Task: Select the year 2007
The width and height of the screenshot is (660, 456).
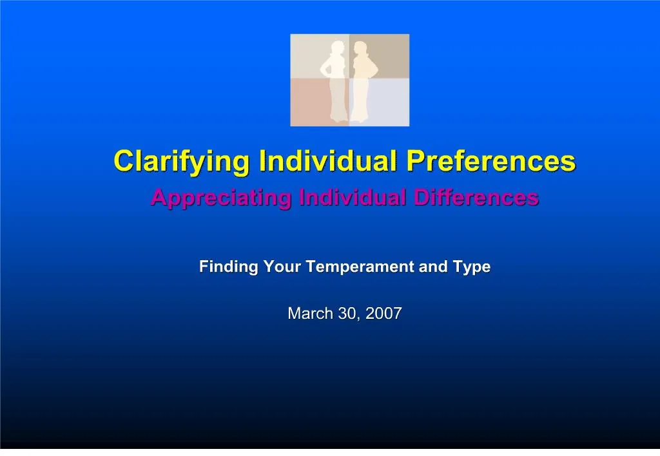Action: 383,314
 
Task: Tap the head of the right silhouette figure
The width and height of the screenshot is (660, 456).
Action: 361,49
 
